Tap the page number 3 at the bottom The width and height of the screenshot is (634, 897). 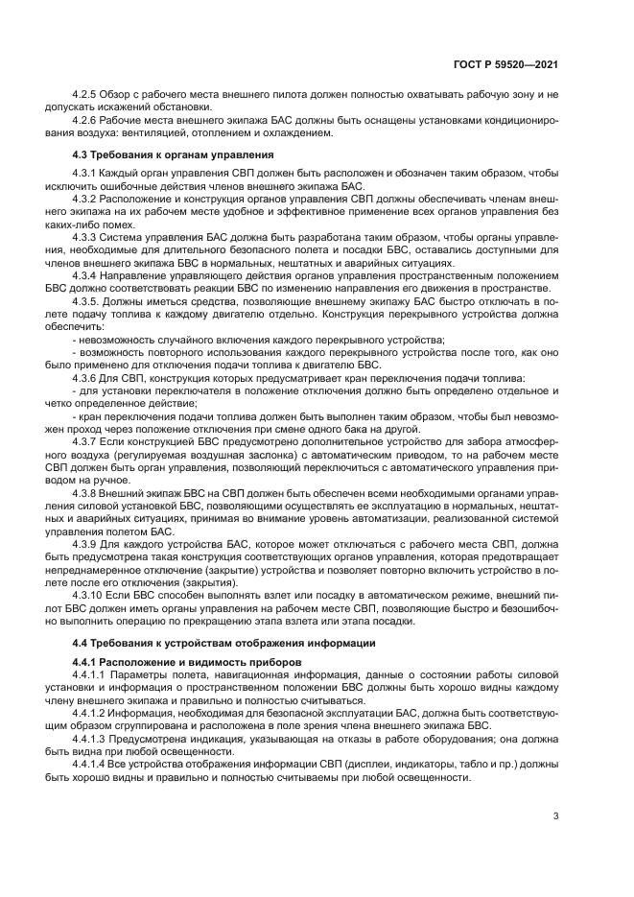coord(555,816)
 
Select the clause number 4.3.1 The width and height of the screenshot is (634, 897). coord(87,172)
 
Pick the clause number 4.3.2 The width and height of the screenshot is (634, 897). coord(87,198)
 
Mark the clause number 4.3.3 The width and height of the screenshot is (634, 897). coord(87,235)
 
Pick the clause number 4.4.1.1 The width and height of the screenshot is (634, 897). coord(92,675)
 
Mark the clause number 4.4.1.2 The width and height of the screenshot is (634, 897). coord(92,713)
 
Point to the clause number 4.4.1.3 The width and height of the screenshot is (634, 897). coord(92,739)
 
